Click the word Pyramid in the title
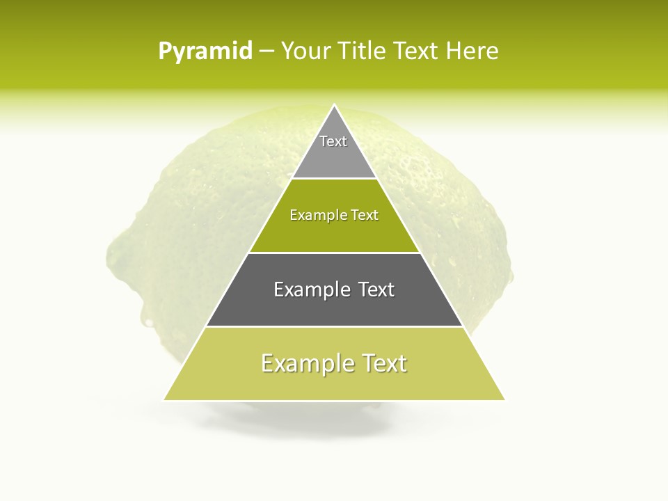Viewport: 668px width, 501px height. coord(205,51)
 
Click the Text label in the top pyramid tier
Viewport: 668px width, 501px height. coord(333,141)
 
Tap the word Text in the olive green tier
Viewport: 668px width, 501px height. coord(365,216)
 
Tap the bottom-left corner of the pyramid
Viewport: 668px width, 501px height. coord(164,399)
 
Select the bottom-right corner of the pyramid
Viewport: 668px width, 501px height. coord(504,399)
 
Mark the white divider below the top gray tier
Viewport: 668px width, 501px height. coord(334,178)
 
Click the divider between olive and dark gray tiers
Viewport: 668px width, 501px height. coord(334,253)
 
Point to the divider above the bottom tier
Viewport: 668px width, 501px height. coord(334,326)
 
